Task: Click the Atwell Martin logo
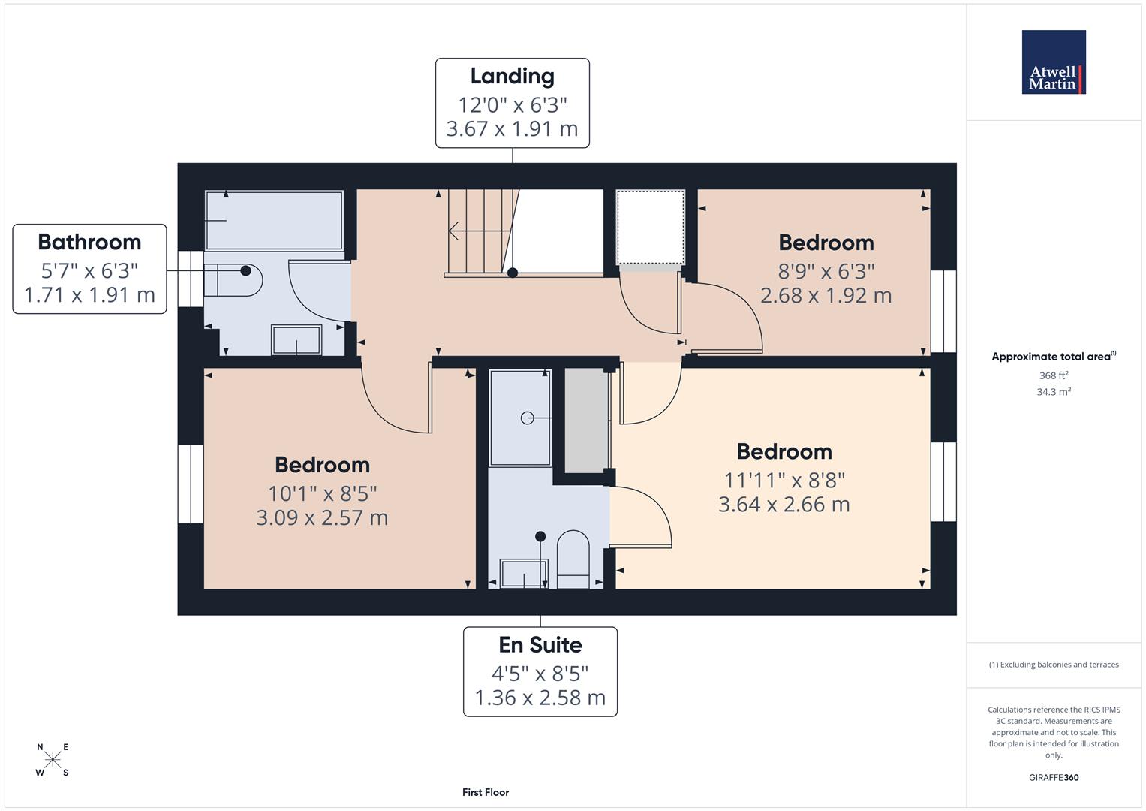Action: pyautogui.click(x=1054, y=62)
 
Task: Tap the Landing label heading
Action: pyautogui.click(x=512, y=76)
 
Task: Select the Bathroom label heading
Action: pyautogui.click(x=89, y=242)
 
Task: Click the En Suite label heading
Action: pyautogui.click(x=540, y=645)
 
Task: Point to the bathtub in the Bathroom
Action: pyautogui.click(x=274, y=220)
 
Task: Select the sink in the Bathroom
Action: pyautogui.click(x=296, y=339)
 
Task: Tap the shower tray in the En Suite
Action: pyautogui.click(x=520, y=418)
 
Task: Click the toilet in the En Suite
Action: pyautogui.click(x=574, y=559)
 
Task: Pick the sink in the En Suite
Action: pyautogui.click(x=523, y=574)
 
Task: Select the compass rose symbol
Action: pyautogui.click(x=52, y=759)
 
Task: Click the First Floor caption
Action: pyautogui.click(x=486, y=792)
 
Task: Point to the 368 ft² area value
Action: pyautogui.click(x=1054, y=375)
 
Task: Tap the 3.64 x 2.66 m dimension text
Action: pyautogui.click(x=784, y=504)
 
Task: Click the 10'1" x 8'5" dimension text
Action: pyautogui.click(x=322, y=493)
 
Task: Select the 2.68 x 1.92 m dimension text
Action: pyautogui.click(x=826, y=295)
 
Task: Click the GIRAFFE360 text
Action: pyautogui.click(x=1054, y=777)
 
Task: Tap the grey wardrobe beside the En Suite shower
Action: pyautogui.click(x=586, y=420)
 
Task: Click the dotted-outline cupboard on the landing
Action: pyautogui.click(x=650, y=227)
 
